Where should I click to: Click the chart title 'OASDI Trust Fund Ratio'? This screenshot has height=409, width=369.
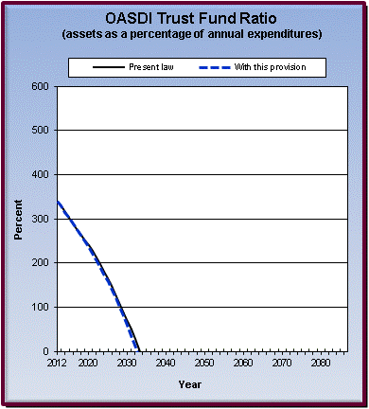[x=184, y=17]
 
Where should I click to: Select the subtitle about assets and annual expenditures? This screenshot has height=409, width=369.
[x=184, y=34]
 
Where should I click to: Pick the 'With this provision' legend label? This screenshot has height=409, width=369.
[x=285, y=67]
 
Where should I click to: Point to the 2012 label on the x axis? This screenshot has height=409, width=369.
[x=58, y=364]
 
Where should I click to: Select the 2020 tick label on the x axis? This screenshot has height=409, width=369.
[x=88, y=364]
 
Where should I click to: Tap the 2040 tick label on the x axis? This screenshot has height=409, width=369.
[x=166, y=364]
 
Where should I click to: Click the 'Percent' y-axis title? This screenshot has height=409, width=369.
[x=18, y=219]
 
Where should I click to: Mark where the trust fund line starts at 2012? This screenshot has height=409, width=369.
[x=58, y=202]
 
